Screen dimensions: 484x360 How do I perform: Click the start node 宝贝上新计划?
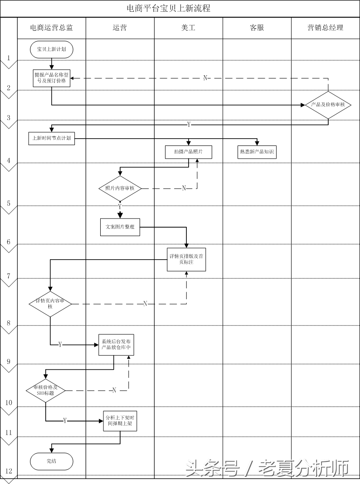pos(52,49)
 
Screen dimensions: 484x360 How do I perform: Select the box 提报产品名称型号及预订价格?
pos(52,78)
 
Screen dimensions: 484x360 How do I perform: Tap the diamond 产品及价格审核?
pos(328,105)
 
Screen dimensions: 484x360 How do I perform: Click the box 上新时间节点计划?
pos(52,138)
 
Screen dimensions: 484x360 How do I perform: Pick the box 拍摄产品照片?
pos(189,152)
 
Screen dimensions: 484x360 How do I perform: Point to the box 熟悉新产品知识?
pos(257,152)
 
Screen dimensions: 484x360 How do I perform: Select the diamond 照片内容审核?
pos(120,188)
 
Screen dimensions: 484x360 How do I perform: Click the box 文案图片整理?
pos(120,227)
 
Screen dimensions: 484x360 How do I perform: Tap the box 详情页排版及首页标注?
pos(186,259)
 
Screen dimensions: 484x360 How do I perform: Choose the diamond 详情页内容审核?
pos(50,304)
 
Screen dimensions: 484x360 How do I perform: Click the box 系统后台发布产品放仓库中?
pos(117,344)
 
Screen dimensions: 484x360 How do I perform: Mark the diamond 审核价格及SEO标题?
pos(45,390)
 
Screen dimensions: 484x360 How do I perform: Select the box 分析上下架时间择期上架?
pos(120,421)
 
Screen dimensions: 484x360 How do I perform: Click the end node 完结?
pos(52,461)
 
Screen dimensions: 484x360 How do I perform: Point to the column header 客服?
pos(257,28)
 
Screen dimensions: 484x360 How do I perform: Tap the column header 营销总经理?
pos(325,28)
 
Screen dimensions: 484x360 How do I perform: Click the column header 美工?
pos(188,28)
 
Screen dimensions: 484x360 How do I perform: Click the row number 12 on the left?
pos(9,471)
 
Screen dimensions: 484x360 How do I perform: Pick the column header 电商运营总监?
pos(51,28)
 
